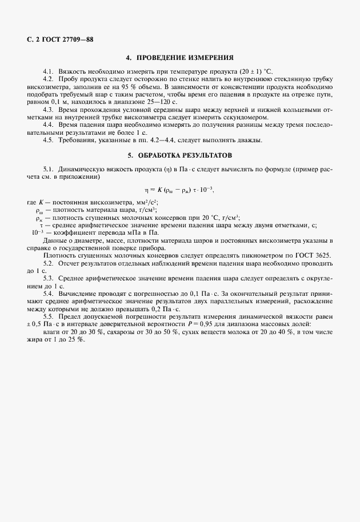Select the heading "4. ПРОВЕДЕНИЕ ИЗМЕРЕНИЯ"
pos(180,57)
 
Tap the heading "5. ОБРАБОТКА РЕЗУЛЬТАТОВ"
pos(180,155)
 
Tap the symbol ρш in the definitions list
pos(39,211)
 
